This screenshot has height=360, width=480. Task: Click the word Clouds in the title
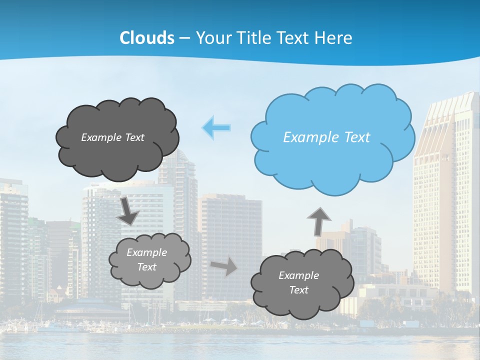(146, 38)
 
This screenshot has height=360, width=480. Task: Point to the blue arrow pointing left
(216, 128)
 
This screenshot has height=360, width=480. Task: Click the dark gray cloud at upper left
(117, 138)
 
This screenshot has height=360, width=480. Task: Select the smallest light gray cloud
(149, 260)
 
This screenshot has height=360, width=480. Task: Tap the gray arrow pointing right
(224, 266)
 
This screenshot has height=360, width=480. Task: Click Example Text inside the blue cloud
(326, 137)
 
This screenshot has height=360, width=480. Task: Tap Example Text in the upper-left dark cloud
(112, 137)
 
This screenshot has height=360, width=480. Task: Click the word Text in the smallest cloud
(147, 267)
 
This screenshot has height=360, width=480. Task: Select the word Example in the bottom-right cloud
(298, 275)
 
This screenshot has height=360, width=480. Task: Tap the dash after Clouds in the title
(184, 38)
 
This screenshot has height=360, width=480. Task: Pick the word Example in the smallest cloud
(147, 252)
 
